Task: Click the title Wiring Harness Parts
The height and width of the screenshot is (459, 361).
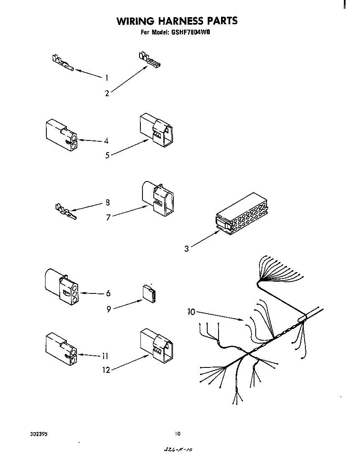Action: pyautogui.click(x=177, y=21)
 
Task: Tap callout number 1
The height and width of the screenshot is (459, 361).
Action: pyautogui.click(x=107, y=77)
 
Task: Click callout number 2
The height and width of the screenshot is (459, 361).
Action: pyautogui.click(x=107, y=94)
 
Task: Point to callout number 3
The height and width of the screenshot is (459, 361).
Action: pyautogui.click(x=187, y=249)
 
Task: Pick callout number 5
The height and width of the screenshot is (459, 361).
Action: pyautogui.click(x=107, y=155)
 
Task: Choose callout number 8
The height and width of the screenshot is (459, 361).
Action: pyautogui.click(x=107, y=203)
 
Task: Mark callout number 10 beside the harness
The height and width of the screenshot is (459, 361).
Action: pyautogui.click(x=191, y=311)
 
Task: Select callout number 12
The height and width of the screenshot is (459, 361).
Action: pyautogui.click(x=107, y=370)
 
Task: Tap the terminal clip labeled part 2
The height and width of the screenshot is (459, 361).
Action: pyautogui.click(x=149, y=60)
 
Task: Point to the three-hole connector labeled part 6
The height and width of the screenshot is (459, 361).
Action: pyautogui.click(x=61, y=288)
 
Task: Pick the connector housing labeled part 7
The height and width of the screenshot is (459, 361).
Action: pyautogui.click(x=158, y=198)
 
